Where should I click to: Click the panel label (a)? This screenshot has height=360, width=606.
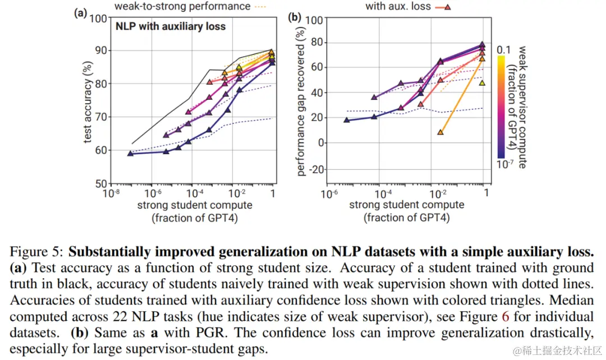coord(80,12)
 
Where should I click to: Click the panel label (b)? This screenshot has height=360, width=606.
coord(295,16)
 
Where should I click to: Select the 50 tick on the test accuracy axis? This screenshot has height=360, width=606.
coord(100,183)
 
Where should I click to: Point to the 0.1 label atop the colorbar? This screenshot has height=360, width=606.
coord(504,50)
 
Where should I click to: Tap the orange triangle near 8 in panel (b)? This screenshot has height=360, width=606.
coord(440,132)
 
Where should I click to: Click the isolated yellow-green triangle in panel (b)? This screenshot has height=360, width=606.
coord(482,83)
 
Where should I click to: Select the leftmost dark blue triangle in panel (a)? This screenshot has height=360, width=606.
coord(130,153)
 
